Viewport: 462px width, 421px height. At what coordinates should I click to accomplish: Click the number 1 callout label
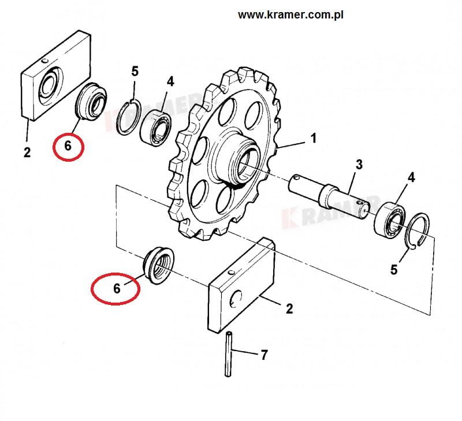tap(314, 139)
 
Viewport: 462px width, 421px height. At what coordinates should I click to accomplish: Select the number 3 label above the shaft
tap(359, 165)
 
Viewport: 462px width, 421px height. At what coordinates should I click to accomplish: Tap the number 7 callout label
tap(264, 355)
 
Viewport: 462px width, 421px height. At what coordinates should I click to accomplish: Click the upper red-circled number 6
tap(68, 146)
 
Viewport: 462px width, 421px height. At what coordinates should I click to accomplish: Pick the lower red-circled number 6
tap(117, 288)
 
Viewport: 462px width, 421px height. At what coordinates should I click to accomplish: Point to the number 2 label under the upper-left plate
tap(27, 152)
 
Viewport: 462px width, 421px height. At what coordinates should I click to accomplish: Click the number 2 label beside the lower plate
tap(289, 309)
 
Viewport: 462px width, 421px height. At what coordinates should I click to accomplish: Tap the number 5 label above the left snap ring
tap(135, 72)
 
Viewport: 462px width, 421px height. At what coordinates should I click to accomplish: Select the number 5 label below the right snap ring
tap(394, 269)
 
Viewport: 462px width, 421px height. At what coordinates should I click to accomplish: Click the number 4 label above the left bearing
tap(170, 81)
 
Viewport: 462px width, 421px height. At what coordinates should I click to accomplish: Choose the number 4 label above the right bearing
tap(411, 177)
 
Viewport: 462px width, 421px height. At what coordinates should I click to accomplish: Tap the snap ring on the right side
tap(419, 232)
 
